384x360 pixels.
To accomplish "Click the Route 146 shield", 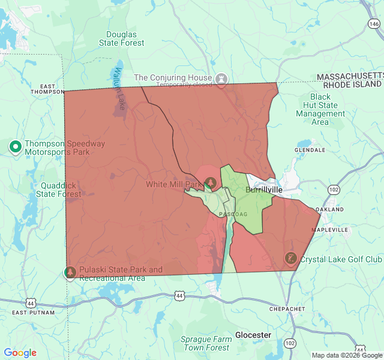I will (374, 24).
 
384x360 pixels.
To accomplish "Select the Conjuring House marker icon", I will (222, 79).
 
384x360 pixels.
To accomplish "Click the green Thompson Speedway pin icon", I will (16, 146).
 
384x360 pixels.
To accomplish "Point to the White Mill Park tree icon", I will (210, 182).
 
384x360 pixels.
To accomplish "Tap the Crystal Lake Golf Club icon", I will (290, 259).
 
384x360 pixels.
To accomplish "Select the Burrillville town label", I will (264, 190).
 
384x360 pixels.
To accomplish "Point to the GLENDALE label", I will (310, 149).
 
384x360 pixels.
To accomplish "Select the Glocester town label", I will (253, 334).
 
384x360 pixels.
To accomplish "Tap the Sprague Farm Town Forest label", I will (206, 343).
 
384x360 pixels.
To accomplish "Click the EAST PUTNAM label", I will (33, 313).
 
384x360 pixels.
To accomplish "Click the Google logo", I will (20, 353).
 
